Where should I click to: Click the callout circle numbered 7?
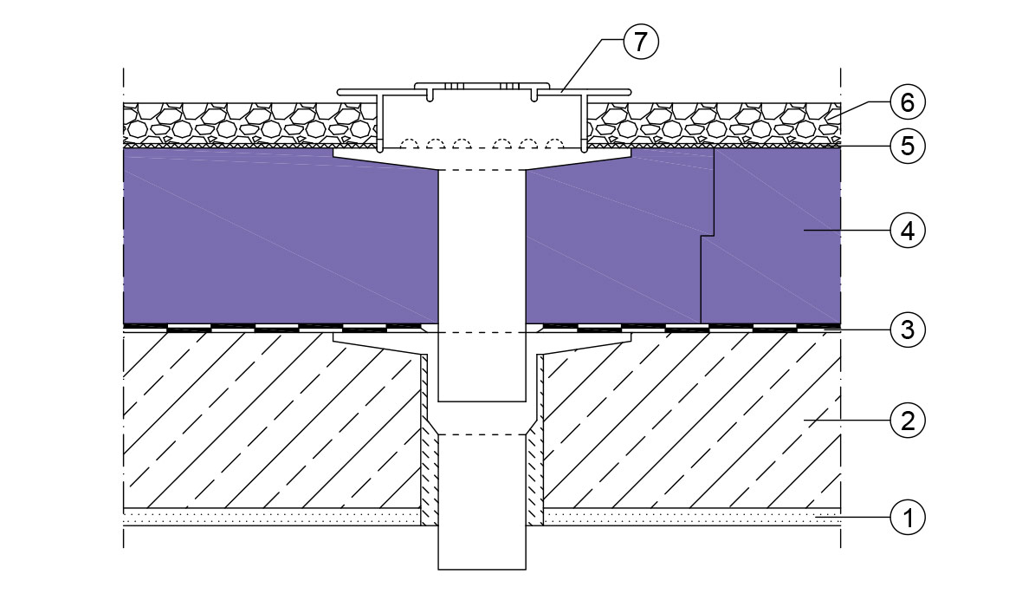642,42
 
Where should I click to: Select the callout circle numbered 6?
908,102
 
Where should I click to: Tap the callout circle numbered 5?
908,147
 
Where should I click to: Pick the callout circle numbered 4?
908,231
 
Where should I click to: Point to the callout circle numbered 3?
908,330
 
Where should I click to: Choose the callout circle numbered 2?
908,421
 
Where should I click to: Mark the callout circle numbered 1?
908,519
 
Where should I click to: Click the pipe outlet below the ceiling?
482,548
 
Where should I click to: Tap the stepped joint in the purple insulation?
708,236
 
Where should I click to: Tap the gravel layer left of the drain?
250,123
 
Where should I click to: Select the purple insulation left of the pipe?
281,236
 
